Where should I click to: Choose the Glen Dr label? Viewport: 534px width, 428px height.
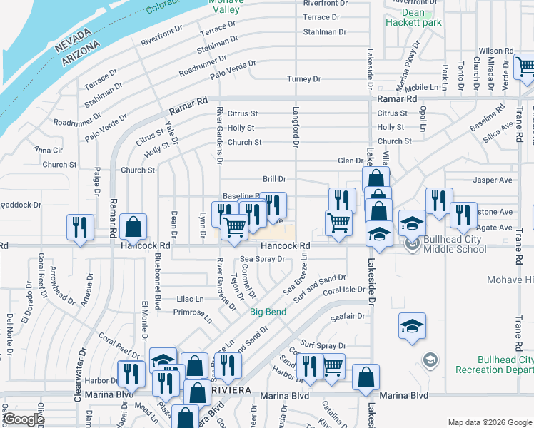coord(351,161)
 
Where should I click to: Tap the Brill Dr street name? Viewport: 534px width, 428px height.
coord(274,180)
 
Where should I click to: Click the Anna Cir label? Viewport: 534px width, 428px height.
coord(48,151)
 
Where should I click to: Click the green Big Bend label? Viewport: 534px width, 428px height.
coord(268,312)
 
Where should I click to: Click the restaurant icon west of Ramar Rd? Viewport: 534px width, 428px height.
coord(80,227)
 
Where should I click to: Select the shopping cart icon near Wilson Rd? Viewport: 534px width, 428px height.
coord(525,67)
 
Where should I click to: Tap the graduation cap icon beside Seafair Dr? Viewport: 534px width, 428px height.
coord(413,326)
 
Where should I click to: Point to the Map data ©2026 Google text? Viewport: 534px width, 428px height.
coord(489,422)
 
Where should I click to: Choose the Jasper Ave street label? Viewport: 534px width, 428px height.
coord(496,181)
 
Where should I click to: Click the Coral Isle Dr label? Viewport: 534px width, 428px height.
coord(343,291)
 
